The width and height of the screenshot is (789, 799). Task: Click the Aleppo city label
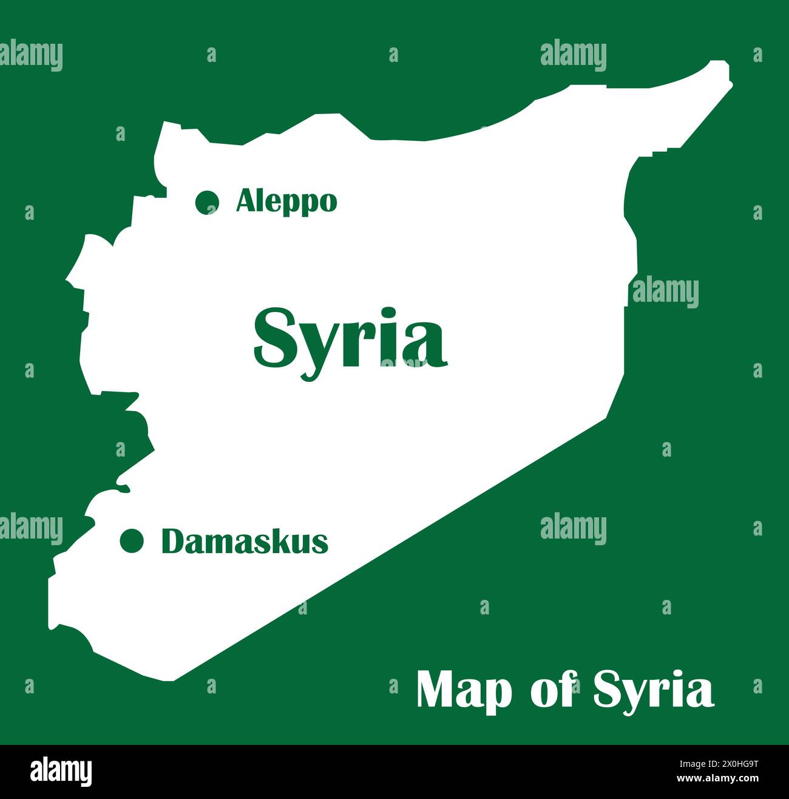coord(286,201)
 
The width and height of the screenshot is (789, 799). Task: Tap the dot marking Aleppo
coord(208,202)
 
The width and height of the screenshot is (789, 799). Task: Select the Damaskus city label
coord(245,541)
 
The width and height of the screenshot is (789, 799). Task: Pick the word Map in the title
coord(464,690)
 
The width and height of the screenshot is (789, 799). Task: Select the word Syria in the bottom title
coord(653,690)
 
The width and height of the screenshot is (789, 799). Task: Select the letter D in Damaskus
coord(172,541)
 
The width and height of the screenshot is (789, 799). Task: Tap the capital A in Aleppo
coord(246,200)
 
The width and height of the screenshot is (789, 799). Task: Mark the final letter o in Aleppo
coord(327,203)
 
